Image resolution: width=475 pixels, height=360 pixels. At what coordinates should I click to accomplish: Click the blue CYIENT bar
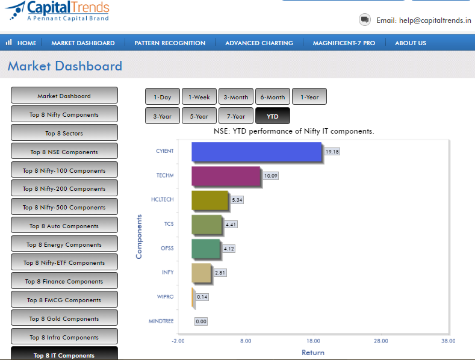[256, 152]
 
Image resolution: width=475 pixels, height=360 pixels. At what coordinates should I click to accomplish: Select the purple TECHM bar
[226, 176]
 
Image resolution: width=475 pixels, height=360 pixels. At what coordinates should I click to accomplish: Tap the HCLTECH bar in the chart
[210, 200]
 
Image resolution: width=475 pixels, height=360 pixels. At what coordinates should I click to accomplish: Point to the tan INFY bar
[201, 273]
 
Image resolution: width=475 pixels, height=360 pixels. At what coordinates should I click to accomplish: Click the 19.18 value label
[332, 152]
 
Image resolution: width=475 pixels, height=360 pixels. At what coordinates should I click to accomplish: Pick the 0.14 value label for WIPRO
[202, 297]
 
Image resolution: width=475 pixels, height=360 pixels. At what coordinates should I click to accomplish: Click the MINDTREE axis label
[161, 321]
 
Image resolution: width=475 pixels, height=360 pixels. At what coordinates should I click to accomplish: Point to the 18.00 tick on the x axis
[313, 341]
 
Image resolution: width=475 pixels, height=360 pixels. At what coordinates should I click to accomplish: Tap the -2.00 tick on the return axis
[178, 341]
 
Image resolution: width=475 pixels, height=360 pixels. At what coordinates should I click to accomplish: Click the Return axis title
[313, 353]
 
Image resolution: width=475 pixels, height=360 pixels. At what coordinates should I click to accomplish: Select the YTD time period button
[273, 116]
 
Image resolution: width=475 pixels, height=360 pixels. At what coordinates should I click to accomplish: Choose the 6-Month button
[273, 97]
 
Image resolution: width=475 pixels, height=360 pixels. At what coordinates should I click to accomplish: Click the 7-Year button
[235, 116]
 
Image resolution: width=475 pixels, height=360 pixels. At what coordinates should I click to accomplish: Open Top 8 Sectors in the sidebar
[64, 132]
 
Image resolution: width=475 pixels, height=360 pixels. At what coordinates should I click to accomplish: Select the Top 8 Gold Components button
[64, 318]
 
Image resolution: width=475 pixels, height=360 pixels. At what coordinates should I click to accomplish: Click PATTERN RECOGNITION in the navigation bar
[170, 43]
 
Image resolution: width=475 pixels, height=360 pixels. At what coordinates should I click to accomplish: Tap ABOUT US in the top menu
[411, 43]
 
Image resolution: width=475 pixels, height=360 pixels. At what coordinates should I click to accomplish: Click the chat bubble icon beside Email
[365, 20]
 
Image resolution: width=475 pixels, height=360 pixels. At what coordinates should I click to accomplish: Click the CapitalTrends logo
[58, 11]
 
